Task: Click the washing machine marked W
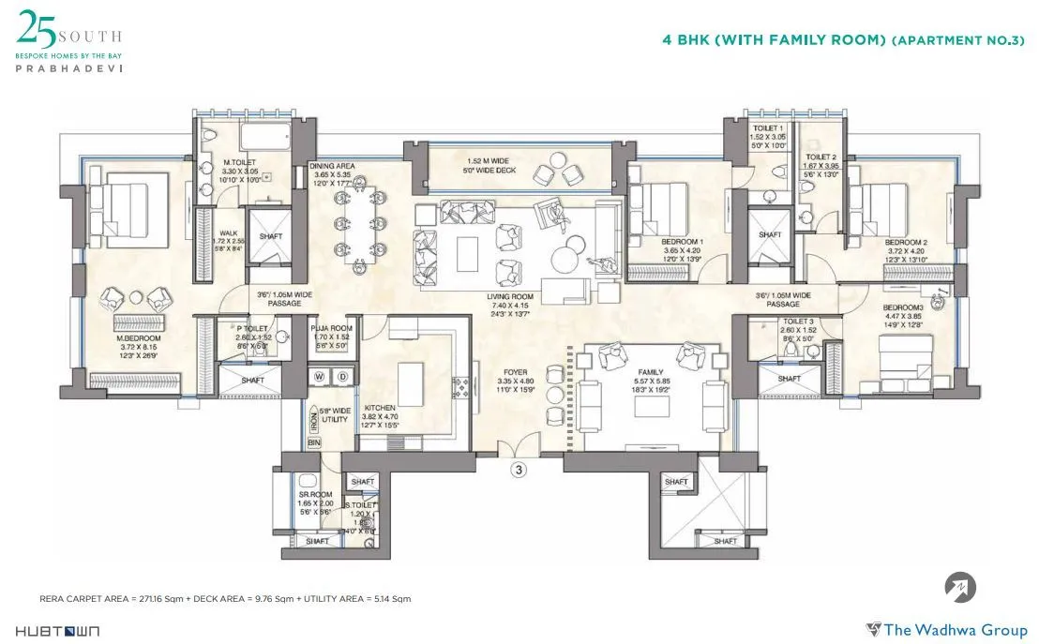tap(320, 377)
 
